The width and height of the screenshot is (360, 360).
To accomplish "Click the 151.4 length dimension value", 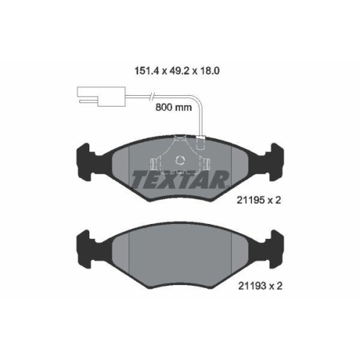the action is [147, 71].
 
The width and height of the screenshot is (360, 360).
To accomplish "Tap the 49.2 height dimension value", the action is [178, 71].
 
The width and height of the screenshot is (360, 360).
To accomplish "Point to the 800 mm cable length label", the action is [174, 107].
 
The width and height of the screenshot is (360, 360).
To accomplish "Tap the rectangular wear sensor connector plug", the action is [101, 96].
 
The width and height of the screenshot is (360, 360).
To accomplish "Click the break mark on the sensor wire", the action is [152, 96].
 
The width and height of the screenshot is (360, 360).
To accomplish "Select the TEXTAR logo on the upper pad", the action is [180, 179].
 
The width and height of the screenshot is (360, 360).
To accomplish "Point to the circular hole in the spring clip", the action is [180, 160].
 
